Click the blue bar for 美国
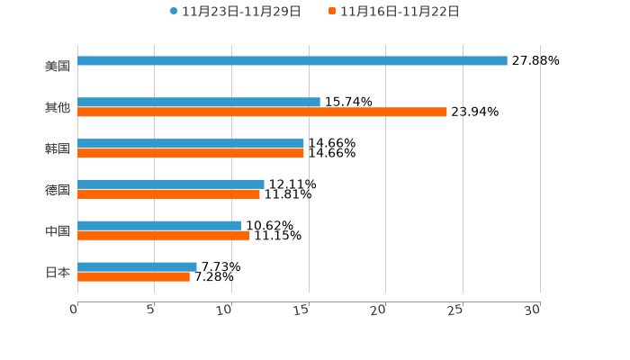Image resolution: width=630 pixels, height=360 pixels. tap(292, 61)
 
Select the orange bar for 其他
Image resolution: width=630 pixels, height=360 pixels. tap(262, 112)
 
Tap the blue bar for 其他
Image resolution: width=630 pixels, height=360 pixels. tap(199, 103)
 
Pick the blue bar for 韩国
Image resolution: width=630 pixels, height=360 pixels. tap(191, 143)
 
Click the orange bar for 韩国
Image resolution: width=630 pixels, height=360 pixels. tap(191, 154)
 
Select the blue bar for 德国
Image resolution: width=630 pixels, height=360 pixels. tap(171, 184)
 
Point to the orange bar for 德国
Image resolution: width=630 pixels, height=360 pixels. tap(168, 194)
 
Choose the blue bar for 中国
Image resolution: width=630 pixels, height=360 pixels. tap(159, 225)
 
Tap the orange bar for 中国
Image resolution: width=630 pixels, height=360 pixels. tap(164, 236)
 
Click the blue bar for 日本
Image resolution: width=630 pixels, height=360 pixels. tap(137, 266)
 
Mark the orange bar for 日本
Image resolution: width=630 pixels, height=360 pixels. tap(133, 277)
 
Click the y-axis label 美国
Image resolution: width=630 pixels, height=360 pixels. tap(58, 66)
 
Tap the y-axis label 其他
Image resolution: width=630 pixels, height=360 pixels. tap(58, 107)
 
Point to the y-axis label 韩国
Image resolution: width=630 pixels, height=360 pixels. tap(58, 148)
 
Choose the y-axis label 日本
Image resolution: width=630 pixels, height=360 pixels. tap(58, 272)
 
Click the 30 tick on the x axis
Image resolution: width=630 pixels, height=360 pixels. tap(533, 310)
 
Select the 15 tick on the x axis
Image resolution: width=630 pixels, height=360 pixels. tap(301, 310)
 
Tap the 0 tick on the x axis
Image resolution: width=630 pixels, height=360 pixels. tap(74, 310)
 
